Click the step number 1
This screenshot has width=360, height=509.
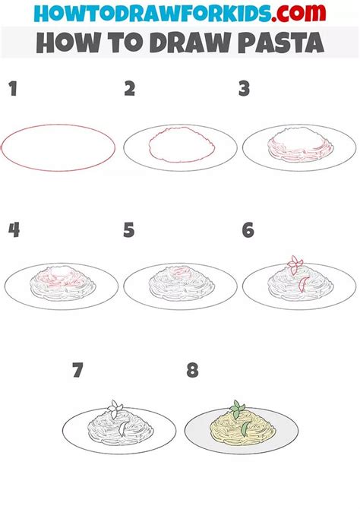tap(13, 89)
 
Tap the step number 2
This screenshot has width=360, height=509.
tap(130, 89)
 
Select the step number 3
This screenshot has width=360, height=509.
tap(244, 89)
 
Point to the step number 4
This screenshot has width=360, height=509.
tap(14, 230)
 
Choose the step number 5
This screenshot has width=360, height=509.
tap(129, 230)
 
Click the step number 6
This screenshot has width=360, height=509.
tap(248, 230)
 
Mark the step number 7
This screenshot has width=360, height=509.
tap(77, 370)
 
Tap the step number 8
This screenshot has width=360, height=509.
tap(192, 370)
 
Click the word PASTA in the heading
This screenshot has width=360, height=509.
tap(281, 43)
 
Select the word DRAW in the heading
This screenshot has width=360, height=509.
tap(190, 43)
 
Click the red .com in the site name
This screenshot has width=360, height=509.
tap(299, 14)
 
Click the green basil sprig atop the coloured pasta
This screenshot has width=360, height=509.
tap(237, 409)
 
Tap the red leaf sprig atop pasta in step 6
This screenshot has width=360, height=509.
tap(295, 265)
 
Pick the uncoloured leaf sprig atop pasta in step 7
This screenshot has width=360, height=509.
tap(115, 409)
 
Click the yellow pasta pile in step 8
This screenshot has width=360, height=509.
tap(243, 426)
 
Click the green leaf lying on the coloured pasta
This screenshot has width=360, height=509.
tap(245, 428)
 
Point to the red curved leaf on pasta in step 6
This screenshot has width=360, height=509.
tap(303, 284)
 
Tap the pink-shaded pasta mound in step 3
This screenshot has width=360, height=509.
tap(300, 145)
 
